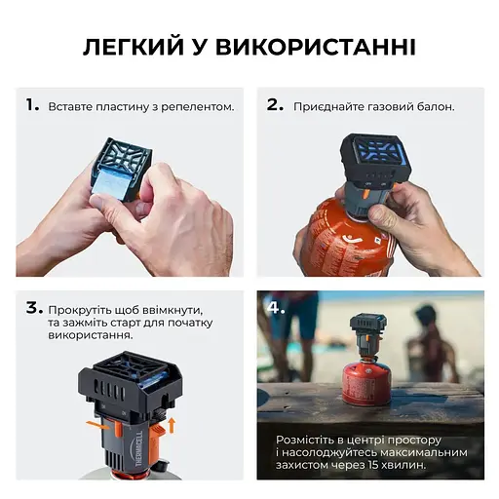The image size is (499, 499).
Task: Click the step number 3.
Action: [x=33, y=308]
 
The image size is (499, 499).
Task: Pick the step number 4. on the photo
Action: [x=278, y=308]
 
